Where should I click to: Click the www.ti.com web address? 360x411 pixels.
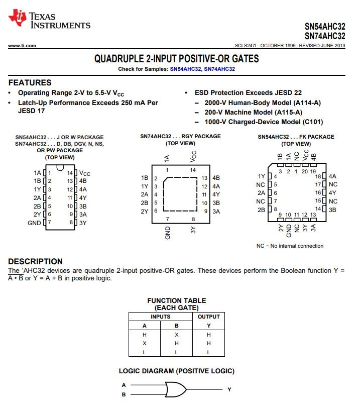(22, 46)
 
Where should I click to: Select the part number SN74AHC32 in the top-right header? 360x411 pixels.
(325, 36)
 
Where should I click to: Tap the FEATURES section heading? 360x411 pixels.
(30, 82)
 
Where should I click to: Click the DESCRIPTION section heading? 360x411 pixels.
(35, 261)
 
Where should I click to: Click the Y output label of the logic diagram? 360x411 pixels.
(229, 389)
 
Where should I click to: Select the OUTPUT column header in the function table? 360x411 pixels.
(208, 317)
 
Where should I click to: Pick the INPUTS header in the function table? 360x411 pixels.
(160, 317)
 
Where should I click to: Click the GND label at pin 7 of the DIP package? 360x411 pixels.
(34, 223)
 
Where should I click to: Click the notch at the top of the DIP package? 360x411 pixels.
(60, 167)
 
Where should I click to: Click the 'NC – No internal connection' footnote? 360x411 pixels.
(290, 246)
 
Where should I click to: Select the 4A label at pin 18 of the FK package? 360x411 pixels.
(332, 176)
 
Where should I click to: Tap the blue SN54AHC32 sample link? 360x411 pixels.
(185, 69)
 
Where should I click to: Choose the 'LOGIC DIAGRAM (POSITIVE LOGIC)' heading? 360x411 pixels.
(176, 371)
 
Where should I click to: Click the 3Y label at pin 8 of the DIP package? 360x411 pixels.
(83, 223)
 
